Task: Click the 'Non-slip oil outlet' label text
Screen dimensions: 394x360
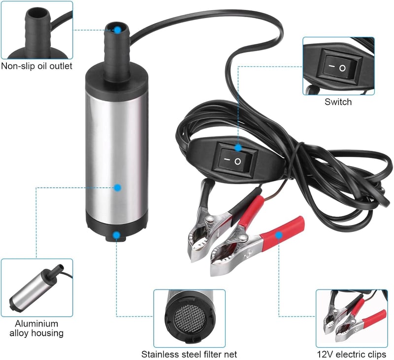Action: pos(36,66)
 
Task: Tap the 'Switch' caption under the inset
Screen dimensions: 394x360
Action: pos(338,102)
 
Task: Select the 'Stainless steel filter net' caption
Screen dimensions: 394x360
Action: pos(189,354)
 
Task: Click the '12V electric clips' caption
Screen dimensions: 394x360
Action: pos(351,354)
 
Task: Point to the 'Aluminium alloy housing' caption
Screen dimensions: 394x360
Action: pos(36,328)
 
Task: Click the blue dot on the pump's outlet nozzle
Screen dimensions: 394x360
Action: pos(118,30)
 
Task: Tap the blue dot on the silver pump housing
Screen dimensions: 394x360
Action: pos(117,188)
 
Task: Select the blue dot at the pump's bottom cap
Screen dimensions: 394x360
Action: pos(116,235)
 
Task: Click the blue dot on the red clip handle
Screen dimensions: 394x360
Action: pos(278,235)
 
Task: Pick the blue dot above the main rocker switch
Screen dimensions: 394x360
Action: pos(238,148)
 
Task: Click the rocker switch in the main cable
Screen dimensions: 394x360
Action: pos(236,160)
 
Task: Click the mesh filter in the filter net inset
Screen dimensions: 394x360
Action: pos(190,318)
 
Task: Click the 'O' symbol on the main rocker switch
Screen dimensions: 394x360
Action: pos(237,162)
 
